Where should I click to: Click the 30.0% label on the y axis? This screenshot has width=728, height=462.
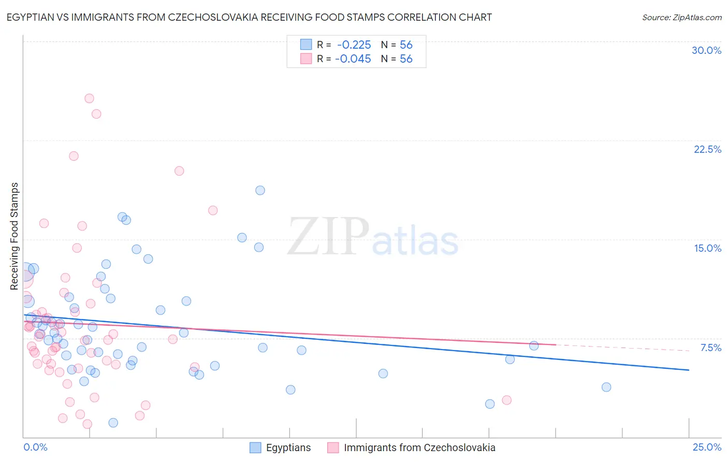pyautogui.click(x=706, y=50)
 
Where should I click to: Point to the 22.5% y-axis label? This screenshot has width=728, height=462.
pyautogui.click(x=707, y=149)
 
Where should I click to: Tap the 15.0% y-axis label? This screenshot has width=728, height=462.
pyautogui.click(x=707, y=248)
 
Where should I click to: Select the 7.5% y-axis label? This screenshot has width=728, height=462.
pyautogui.click(x=710, y=348)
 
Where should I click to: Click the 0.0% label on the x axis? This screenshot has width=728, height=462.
pyautogui.click(x=35, y=447)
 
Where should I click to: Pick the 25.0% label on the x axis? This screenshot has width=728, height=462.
pyautogui.click(x=707, y=447)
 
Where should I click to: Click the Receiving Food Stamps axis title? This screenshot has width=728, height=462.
pyautogui.click(x=14, y=236)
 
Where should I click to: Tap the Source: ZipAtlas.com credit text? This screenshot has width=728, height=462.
pyautogui.click(x=681, y=17)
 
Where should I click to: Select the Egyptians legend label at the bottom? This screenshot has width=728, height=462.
pyautogui.click(x=288, y=448)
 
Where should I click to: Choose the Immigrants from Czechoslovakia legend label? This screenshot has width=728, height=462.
pyautogui.click(x=419, y=448)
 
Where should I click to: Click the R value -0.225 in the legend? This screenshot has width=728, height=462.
pyautogui.click(x=354, y=45)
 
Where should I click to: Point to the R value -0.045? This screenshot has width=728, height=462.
pyautogui.click(x=353, y=59)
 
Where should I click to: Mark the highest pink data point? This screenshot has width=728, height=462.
pyautogui.click(x=89, y=98)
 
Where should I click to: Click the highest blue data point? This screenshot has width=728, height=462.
pyautogui.click(x=260, y=191)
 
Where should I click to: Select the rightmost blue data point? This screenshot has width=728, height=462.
pyautogui.click(x=606, y=387)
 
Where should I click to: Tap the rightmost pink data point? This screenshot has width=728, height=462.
pyautogui.click(x=506, y=400)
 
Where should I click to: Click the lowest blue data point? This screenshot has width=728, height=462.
pyautogui.click(x=113, y=423)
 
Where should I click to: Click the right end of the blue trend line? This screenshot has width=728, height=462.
pyautogui.click(x=689, y=370)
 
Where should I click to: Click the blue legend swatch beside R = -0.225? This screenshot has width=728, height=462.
pyautogui.click(x=306, y=45)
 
